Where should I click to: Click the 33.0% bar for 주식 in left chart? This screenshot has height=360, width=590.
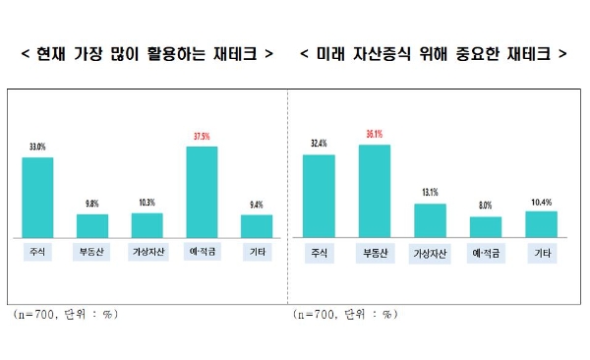pos(37,197)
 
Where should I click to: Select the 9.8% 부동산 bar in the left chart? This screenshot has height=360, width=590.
pos(92,225)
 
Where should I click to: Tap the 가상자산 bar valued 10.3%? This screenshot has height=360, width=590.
pos(147,224)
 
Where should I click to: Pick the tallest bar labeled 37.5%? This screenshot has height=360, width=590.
pos(202,192)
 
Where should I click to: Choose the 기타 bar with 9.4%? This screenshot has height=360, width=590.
pos(257,226)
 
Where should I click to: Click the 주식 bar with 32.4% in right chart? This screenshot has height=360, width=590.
pos(319,196)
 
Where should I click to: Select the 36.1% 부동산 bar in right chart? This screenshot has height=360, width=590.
pos(375,191)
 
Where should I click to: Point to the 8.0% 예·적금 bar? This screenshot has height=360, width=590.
pos(485,227)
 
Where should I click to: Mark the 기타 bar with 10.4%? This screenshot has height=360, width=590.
pos(541,223)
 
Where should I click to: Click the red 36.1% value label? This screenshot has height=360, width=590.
pos(374,136)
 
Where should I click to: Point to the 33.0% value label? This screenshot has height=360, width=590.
pos(37,148)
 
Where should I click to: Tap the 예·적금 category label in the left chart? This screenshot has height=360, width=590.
pos(202,252)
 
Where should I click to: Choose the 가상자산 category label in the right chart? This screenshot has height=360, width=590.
pos(430,253)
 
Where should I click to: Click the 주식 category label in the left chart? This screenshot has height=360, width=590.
pos(37,252)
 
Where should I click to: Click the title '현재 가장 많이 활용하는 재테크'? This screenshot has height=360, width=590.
pos(147,51)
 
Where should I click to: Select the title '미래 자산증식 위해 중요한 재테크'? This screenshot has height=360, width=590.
pos(434,51)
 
